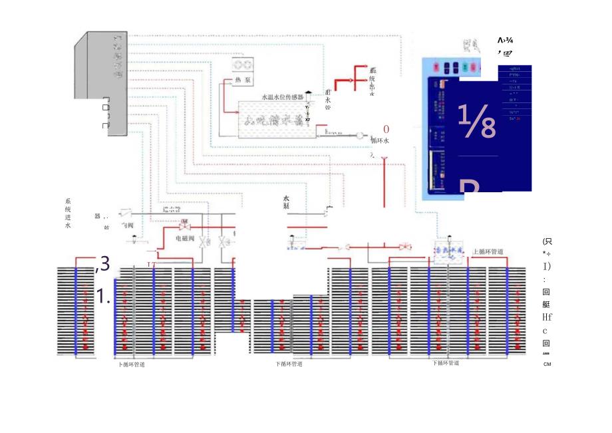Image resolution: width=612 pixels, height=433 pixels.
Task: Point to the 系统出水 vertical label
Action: tap(373, 82)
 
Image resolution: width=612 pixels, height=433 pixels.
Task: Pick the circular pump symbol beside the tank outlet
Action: tap(360, 136)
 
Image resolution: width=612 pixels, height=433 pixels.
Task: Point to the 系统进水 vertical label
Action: tap(68, 213)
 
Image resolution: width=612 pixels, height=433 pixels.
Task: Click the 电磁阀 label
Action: tap(185, 237)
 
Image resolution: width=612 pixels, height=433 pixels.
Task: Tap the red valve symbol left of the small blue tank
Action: tap(405, 247)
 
